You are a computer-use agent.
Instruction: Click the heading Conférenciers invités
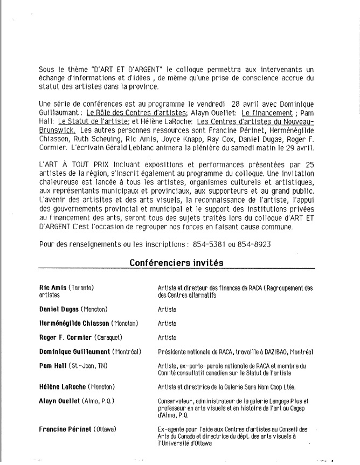[176, 263]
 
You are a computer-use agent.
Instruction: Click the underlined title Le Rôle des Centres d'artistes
[137, 113]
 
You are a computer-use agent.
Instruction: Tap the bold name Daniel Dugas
[59, 310]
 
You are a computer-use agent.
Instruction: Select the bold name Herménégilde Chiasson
[74, 324]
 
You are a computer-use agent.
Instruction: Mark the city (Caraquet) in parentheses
[108, 338]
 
